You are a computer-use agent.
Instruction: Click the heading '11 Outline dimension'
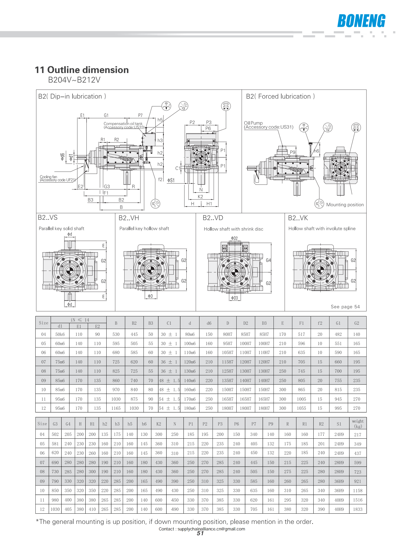pos(82,70)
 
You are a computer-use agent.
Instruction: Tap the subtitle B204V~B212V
pos(74,80)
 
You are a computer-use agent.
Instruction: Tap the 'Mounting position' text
pos(345,205)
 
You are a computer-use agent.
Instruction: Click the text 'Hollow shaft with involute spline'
pos(322,229)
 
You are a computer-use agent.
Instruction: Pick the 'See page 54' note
pos(345,307)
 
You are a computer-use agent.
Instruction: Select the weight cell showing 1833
pos(358,509)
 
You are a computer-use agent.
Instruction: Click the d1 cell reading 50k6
pos(60,334)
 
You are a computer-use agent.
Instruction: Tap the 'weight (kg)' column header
pos(358,424)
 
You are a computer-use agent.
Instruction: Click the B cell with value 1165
pos(116,408)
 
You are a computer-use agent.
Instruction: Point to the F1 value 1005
pos(301,399)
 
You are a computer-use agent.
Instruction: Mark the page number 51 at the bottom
pos(200,533)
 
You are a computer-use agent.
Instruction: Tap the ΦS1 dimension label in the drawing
pos(171,180)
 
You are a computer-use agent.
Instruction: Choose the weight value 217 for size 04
pos(358,435)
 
